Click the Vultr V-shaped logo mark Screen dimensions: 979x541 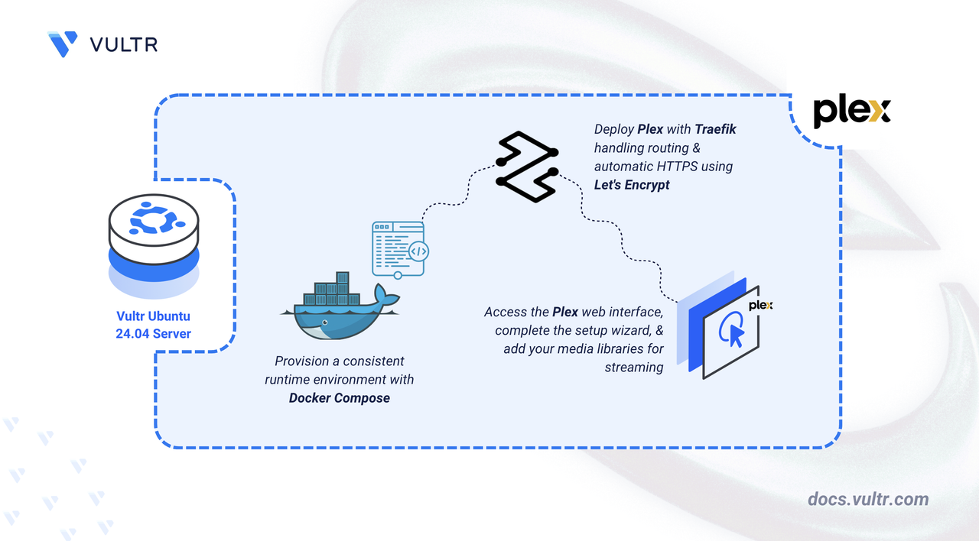point(63,44)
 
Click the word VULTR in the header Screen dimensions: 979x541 point(124,44)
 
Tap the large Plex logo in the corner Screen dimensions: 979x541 point(851,112)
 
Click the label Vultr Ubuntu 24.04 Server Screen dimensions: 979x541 point(154,325)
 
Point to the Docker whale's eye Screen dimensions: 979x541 point(325,322)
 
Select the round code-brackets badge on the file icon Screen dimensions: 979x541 point(418,251)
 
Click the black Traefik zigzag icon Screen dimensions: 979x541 point(527,167)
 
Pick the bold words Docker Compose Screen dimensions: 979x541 point(339,398)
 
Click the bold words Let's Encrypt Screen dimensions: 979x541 point(632,185)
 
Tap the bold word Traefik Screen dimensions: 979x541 point(715,129)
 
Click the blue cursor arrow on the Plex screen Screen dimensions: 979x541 point(737,335)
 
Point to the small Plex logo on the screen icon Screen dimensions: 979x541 point(760,305)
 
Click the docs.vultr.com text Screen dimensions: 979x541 point(868,499)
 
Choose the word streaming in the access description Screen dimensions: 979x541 point(634,368)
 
